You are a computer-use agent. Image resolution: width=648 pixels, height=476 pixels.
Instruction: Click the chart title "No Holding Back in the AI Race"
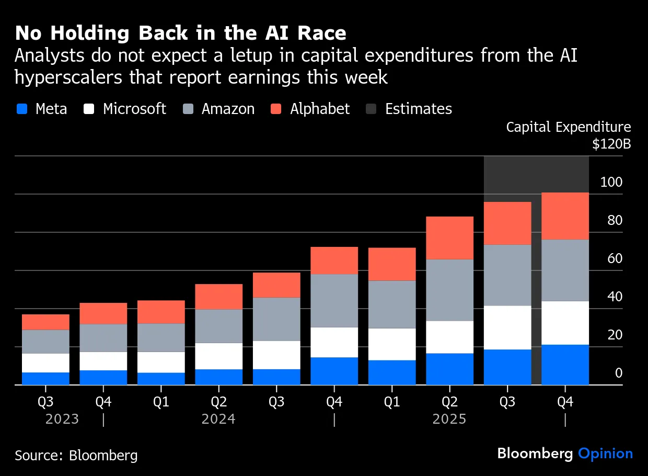pos(180,33)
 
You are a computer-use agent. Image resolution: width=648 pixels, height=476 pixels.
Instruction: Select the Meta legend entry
pos(42,109)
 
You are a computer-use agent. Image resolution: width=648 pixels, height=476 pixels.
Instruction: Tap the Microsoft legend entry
pos(125,109)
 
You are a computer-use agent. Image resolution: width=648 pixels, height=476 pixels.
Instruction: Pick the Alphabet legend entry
pos(310,109)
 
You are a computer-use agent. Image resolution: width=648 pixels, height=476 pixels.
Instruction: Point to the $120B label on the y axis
pos(611,144)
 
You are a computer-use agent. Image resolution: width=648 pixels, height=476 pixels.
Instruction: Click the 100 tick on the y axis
pos(611,183)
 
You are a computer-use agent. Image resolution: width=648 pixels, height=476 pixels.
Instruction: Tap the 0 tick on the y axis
pos(619,373)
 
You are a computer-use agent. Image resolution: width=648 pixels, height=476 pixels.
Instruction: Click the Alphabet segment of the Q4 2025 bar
pos(565,216)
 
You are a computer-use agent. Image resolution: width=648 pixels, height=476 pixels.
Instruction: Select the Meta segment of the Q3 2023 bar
pos(45,379)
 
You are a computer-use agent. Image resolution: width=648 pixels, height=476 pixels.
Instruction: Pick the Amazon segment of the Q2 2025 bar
pos(450,290)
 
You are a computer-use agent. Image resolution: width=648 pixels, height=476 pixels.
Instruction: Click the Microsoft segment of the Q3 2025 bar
pos(507,327)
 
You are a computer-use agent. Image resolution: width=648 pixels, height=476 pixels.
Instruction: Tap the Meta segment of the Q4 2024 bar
pos(334,371)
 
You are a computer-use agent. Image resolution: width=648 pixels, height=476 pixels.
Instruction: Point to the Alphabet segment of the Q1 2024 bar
pos(161,312)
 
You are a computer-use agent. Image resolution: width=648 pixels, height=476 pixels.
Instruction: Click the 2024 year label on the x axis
pos(218,420)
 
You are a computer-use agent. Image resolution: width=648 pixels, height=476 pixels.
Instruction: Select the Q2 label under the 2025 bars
pos(450,402)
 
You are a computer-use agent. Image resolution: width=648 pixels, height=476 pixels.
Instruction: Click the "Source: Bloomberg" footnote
pos(76,455)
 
